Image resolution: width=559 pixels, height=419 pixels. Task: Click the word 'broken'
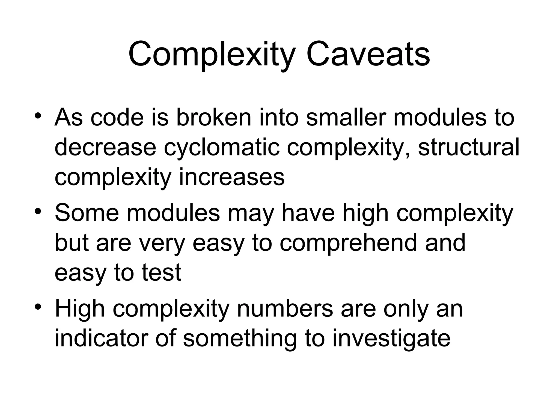pyautogui.click(x=213, y=117)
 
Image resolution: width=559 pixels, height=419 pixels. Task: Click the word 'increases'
pyautogui.click(x=232, y=177)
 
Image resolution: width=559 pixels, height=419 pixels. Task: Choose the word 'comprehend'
pyautogui.click(x=348, y=243)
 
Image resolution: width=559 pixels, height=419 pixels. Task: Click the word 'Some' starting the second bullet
pyautogui.click(x=87, y=213)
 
